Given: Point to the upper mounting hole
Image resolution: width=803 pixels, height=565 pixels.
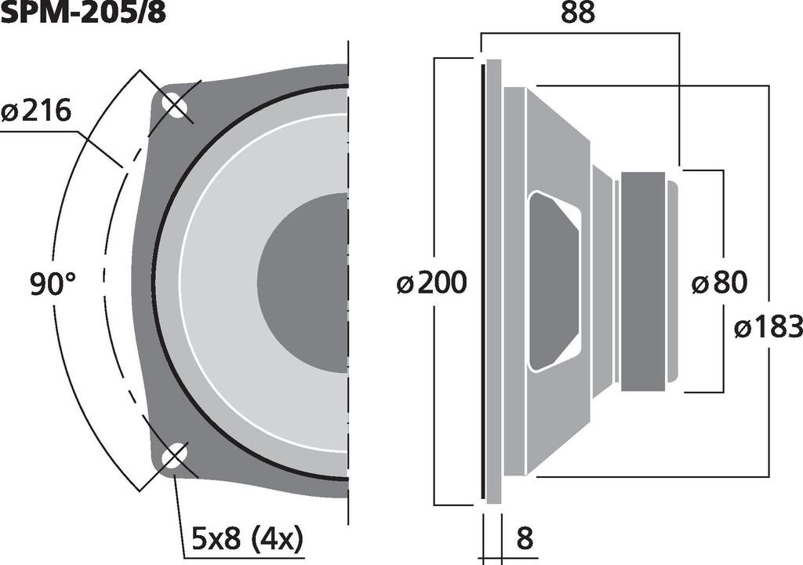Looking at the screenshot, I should coord(174,104).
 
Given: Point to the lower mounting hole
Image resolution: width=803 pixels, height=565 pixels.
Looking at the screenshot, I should coord(174,457).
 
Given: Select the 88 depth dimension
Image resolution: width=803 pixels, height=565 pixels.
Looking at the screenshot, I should coord(579,13).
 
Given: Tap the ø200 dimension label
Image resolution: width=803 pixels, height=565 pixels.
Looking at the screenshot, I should coord(431,282).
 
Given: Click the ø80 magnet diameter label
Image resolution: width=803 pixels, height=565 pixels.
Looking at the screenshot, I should coord(719,282).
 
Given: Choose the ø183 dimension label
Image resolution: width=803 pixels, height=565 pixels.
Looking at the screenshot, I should coord(768,327).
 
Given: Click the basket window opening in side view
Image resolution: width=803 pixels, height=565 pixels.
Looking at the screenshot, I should coord(554,280).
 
